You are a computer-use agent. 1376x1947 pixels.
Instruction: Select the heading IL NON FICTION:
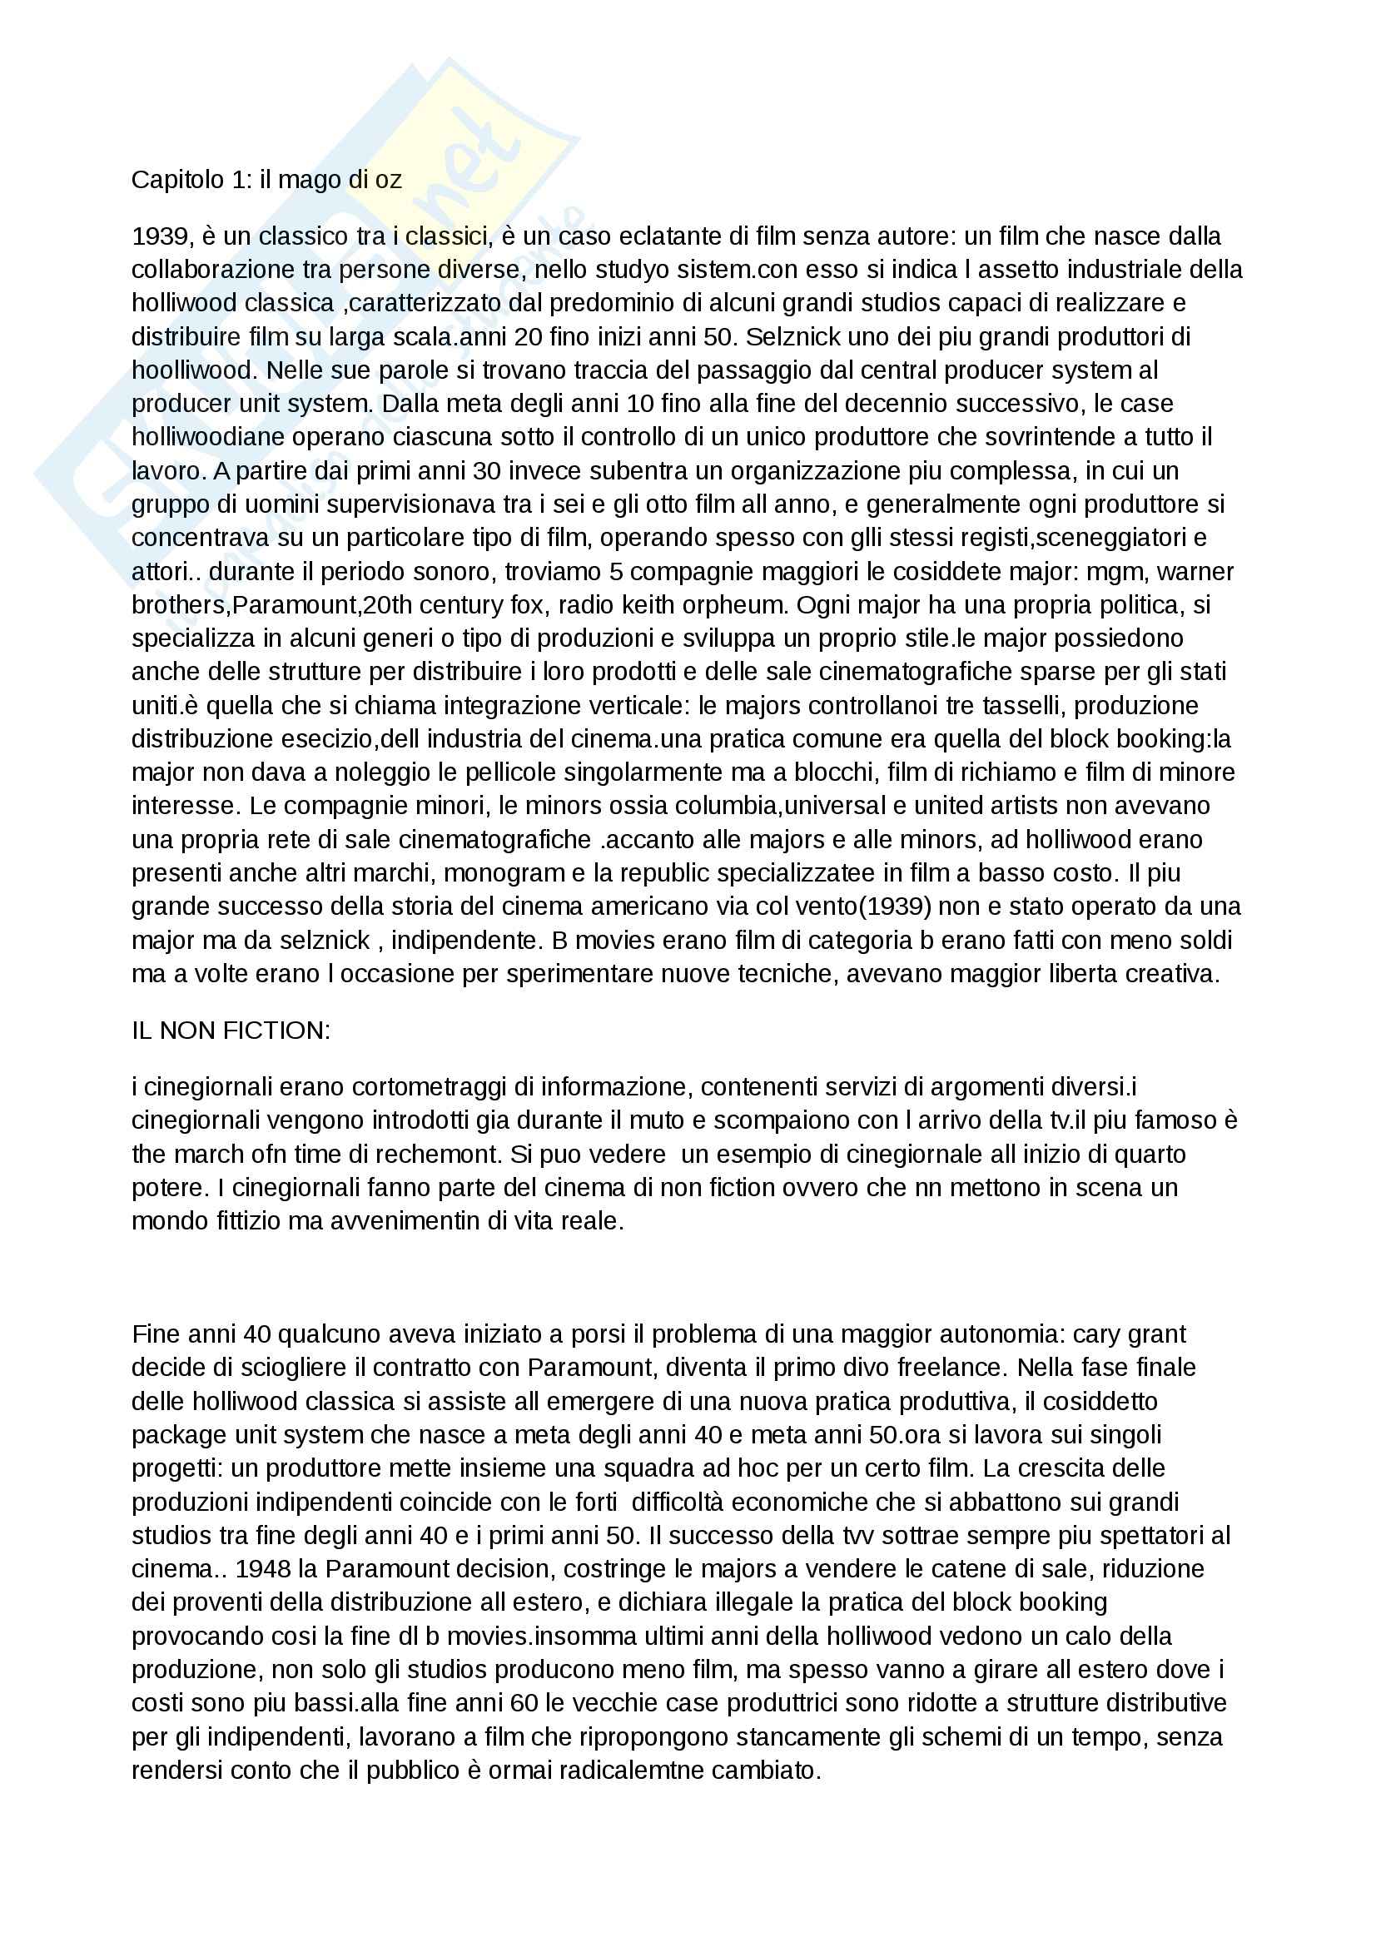point(231,1031)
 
